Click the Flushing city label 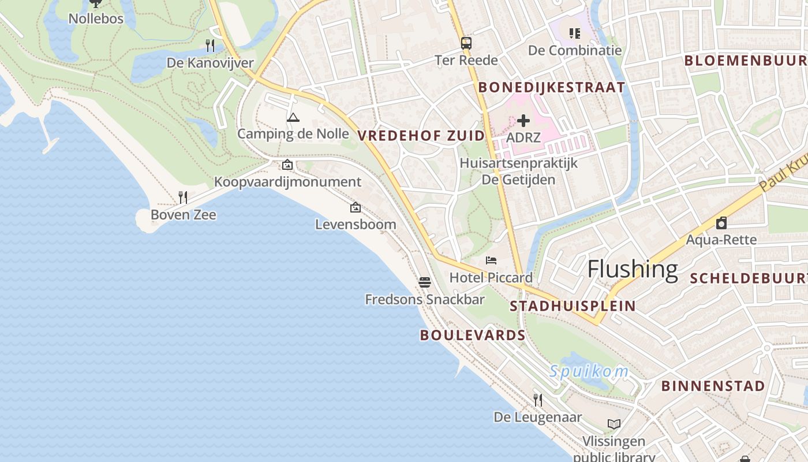(633, 270)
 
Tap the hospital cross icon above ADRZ (523, 121)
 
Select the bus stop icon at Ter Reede (466, 43)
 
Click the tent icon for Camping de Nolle (293, 118)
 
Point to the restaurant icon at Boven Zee (183, 198)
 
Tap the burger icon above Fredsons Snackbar (425, 282)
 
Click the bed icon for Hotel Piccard (491, 260)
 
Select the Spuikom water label (589, 371)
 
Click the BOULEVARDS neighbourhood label (473, 335)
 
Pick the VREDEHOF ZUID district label (421, 136)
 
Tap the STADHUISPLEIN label (573, 306)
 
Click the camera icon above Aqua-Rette (721, 223)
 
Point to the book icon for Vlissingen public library (614, 424)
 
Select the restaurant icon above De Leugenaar (538, 400)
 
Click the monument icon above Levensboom (356, 207)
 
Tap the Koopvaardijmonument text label (287, 182)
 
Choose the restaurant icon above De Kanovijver (210, 45)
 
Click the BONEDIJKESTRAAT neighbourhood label (552, 87)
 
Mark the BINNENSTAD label (713, 386)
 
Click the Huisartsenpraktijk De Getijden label (518, 172)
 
